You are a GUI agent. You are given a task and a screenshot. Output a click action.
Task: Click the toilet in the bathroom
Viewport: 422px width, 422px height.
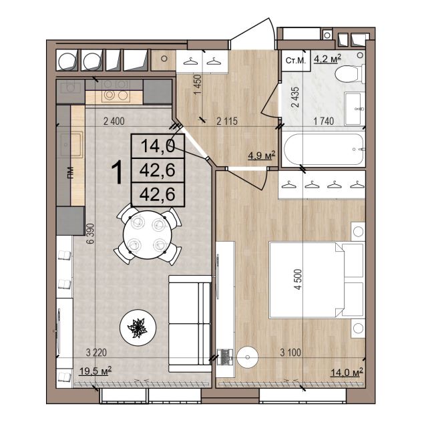[x=350, y=73]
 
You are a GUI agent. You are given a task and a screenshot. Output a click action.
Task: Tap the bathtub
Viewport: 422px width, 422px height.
[x=324, y=149]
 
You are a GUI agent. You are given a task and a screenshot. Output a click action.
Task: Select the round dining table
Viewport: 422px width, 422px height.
[x=147, y=234]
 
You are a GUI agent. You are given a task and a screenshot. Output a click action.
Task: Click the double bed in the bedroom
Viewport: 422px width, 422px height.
[x=316, y=280]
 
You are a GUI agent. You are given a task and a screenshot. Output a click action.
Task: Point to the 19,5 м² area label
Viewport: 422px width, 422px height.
[x=95, y=371]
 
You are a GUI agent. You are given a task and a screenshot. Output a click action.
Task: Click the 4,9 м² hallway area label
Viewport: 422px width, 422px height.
[x=262, y=156]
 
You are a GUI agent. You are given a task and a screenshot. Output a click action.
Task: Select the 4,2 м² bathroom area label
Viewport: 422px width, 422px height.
[x=328, y=58]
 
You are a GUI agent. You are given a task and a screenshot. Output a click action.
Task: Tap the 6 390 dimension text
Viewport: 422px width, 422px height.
[x=91, y=233]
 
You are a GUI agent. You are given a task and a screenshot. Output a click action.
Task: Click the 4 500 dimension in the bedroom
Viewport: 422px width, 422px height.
[x=298, y=279]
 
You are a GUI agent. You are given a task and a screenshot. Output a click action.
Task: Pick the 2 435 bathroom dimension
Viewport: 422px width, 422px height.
[x=295, y=97]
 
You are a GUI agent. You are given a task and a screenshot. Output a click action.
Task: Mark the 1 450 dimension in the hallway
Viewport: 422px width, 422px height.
[x=198, y=84]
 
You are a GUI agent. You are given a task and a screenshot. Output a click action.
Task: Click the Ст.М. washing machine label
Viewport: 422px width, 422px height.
[x=296, y=61]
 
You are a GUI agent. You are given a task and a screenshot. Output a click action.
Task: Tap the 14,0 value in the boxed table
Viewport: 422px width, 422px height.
[x=158, y=146]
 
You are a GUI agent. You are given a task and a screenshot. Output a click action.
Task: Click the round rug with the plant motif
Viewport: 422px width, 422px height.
[x=138, y=328]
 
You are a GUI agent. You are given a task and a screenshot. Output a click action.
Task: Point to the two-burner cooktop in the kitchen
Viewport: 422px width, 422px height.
[x=116, y=95]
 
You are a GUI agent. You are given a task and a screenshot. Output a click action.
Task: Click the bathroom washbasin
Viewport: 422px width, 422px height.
[x=354, y=109]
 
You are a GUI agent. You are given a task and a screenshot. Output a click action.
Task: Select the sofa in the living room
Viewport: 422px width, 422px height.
[x=190, y=324]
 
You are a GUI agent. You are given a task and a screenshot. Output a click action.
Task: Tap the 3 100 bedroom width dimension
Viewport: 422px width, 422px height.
[x=290, y=353]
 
